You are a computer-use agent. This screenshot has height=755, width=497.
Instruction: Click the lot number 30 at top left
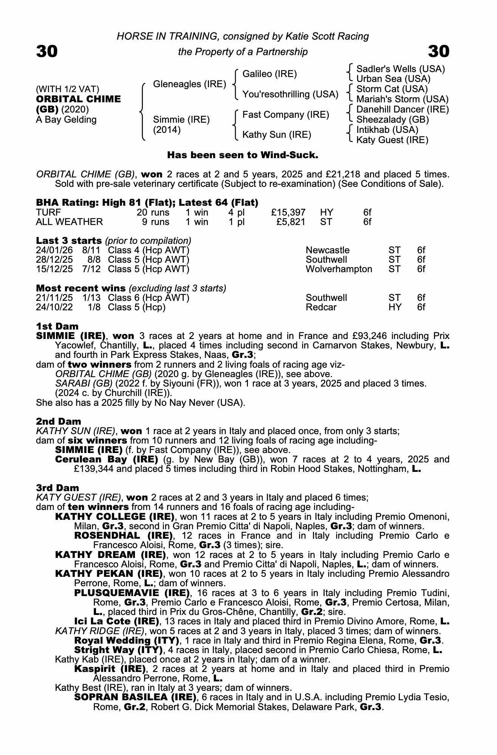point(47,51)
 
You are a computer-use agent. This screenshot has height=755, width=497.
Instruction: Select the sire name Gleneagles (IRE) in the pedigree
point(189,84)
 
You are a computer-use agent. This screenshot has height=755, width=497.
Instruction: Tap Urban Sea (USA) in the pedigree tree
point(393,79)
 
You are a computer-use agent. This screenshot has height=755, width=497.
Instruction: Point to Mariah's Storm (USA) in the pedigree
point(403,99)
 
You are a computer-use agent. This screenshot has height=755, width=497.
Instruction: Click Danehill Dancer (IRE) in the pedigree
point(403,109)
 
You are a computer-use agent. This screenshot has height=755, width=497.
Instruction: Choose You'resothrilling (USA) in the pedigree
point(290,94)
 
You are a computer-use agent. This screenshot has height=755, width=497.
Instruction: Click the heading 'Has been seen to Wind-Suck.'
point(243,155)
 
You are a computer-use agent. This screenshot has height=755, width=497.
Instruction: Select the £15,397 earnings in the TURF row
point(288,213)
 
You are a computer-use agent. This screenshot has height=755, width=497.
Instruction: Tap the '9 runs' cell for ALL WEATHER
point(155,222)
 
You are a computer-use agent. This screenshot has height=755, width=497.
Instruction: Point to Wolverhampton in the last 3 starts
point(339,269)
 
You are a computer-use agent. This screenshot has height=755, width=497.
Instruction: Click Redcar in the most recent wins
point(321,307)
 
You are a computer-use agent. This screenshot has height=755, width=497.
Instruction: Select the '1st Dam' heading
point(57,326)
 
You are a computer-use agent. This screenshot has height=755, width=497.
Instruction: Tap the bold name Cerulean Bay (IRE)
point(106,459)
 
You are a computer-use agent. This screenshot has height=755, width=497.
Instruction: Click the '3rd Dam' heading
point(57,488)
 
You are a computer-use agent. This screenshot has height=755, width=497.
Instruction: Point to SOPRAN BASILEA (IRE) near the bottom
point(135,697)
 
